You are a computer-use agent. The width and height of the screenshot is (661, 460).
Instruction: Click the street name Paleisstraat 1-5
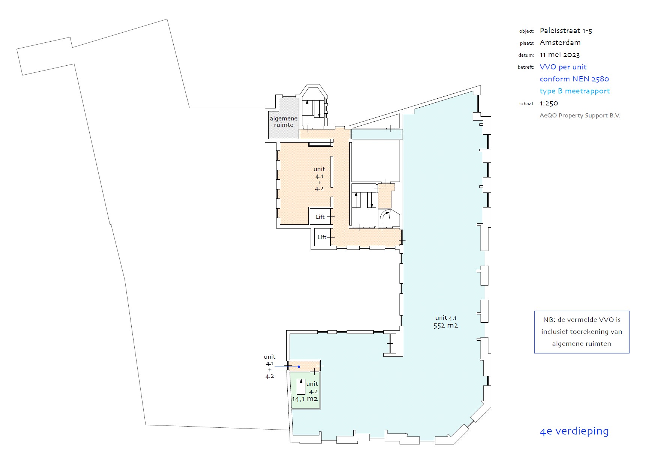(566, 31)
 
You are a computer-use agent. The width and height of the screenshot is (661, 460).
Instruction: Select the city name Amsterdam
(560, 43)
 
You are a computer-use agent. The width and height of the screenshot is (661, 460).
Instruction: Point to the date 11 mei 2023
(560, 55)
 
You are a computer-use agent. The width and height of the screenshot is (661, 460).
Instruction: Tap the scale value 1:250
(549, 103)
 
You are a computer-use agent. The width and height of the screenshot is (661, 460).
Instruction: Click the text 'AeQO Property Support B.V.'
(580, 116)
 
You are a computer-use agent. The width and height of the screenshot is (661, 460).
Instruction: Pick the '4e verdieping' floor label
(574, 431)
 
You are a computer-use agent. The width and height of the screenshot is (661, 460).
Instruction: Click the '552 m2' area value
(446, 326)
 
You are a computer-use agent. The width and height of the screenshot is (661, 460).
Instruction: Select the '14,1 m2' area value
(305, 399)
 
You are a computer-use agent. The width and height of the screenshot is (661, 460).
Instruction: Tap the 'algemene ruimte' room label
(284, 122)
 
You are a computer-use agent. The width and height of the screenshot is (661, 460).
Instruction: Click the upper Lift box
(320, 216)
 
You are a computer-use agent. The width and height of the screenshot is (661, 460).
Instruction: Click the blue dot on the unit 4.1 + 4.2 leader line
(299, 367)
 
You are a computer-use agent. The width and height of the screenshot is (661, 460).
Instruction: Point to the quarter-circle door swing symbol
(385, 215)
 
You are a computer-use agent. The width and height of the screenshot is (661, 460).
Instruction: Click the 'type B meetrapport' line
(575, 91)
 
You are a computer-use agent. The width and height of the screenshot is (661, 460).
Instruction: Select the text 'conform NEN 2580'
(574, 79)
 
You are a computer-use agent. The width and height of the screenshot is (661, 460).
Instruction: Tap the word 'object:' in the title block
(527, 31)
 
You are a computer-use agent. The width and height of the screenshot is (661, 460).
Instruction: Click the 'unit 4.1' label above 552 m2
(446, 318)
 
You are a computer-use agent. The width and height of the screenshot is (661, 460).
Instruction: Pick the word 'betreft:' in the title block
(526, 67)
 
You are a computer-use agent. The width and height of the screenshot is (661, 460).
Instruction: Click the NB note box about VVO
(581, 332)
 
